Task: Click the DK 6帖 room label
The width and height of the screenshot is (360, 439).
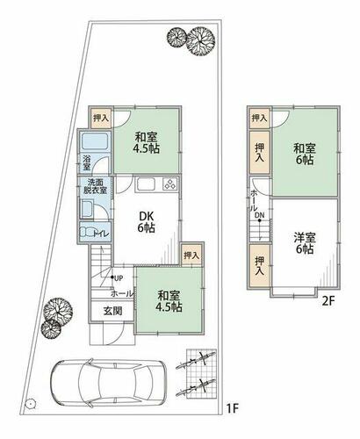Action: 147,222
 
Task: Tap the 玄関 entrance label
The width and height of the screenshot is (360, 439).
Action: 112,311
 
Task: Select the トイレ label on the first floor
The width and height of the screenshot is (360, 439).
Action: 101,234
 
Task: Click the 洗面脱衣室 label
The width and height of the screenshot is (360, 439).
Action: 95,186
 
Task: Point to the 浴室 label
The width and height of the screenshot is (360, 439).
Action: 87,163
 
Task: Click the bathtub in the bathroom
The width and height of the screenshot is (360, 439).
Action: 95,141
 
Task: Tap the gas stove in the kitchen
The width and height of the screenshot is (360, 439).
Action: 169,184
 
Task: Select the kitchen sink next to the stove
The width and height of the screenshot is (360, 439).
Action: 145,184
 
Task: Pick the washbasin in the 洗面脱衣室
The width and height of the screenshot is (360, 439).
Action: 86,209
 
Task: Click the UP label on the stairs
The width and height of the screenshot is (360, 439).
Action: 119,278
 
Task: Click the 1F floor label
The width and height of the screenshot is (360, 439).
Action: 233,408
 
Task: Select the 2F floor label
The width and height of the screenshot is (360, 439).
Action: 328,301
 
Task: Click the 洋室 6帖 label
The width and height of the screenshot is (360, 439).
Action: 305,243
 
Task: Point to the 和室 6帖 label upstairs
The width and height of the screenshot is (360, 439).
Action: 305,155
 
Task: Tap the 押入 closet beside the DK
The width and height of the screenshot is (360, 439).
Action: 191,255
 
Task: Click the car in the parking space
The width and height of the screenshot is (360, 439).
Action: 108,383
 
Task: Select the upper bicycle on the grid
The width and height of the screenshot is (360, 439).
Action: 196,361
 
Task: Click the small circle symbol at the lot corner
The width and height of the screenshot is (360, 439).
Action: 30,404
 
